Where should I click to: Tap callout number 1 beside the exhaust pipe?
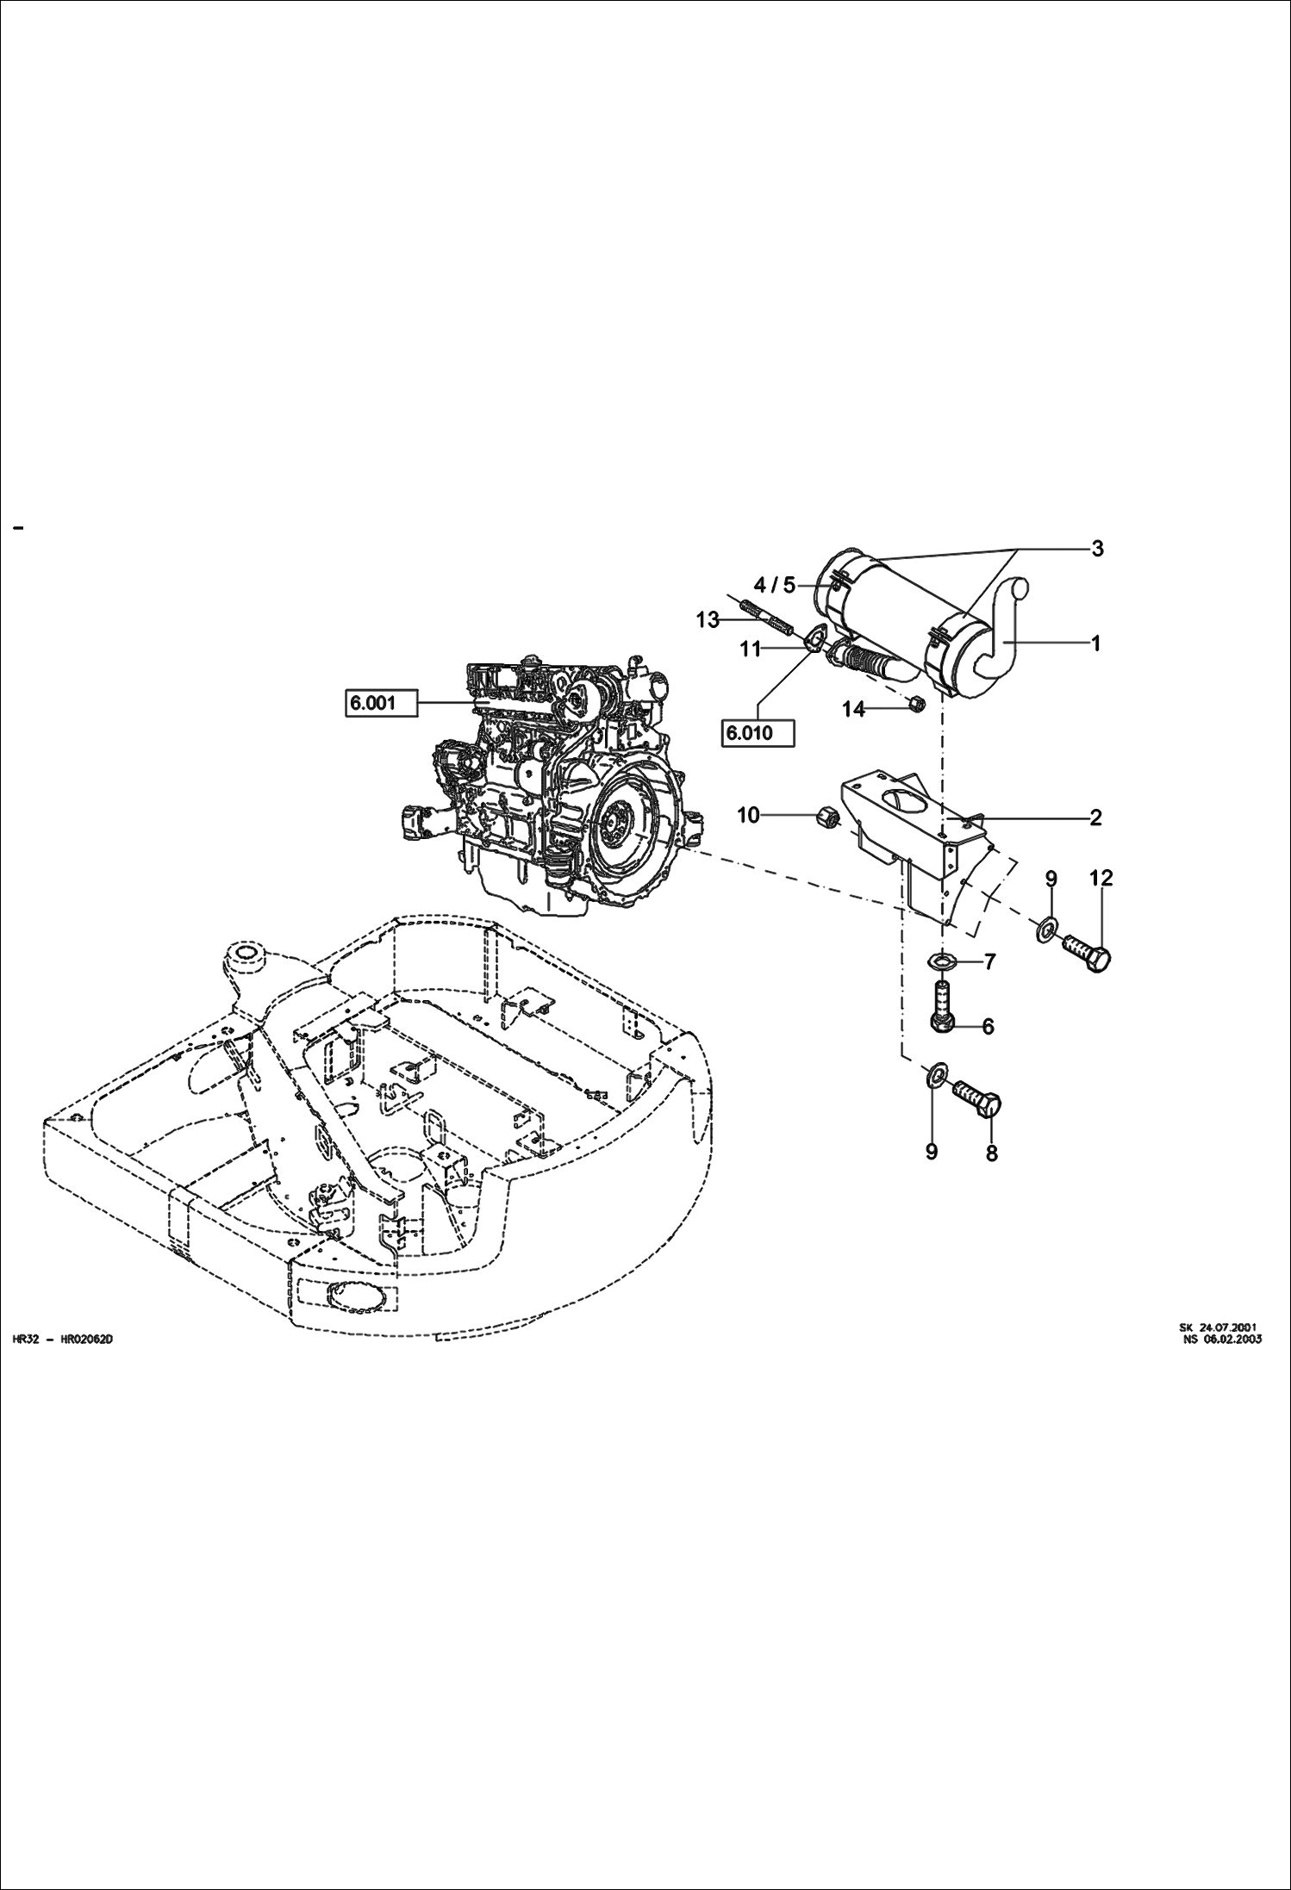pos(1095,643)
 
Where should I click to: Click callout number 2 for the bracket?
pos(1095,818)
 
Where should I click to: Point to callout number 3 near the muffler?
pos(1097,549)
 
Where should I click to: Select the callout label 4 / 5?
pos(775,586)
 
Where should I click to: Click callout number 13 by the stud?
pos(708,620)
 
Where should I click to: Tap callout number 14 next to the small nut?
pos(853,709)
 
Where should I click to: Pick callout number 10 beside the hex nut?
pos(748,815)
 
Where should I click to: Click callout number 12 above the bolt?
pos(1101,879)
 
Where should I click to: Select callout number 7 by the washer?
pos(989,961)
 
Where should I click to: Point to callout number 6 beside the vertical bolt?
pos(988,1026)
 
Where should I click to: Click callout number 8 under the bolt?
pos(991,1153)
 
